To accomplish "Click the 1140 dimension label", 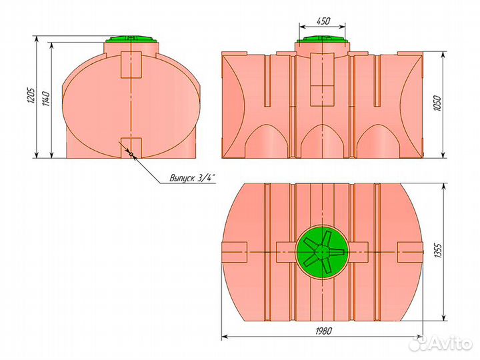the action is click(47, 97).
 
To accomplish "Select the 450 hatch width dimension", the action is click(323, 21).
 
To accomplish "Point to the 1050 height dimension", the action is click(438, 103).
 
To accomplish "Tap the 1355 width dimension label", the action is click(438, 251).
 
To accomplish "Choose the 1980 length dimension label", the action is click(323, 331).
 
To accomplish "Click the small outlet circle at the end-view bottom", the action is click(131, 155).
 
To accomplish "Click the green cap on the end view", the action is click(131, 39).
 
